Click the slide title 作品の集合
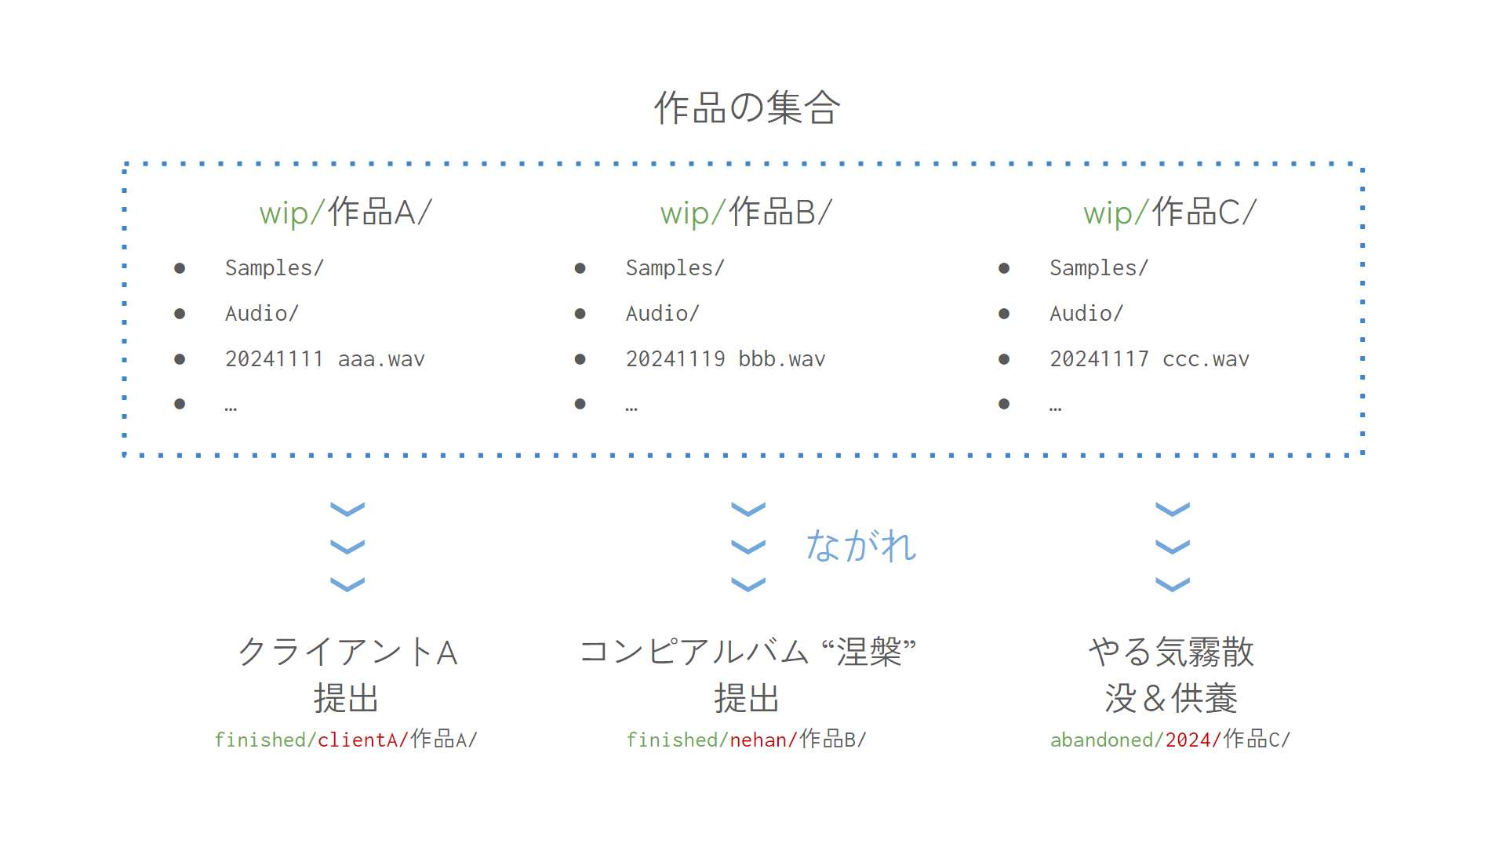[x=747, y=107]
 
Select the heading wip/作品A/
[x=345, y=213]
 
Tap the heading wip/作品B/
[x=746, y=213]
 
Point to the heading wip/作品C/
[x=1170, y=213]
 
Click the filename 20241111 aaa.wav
[x=325, y=359]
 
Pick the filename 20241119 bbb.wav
[x=726, y=359]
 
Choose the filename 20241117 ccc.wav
[x=1149, y=359]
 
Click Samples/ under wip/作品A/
[x=274, y=268]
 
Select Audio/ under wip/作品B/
[x=662, y=314]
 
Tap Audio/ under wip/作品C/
[x=1086, y=314]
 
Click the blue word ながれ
[x=860, y=546]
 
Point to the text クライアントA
[x=347, y=652]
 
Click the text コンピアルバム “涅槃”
[x=747, y=652]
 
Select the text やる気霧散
[x=1171, y=652]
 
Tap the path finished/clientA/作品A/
[x=346, y=740]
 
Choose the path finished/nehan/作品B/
[x=746, y=740]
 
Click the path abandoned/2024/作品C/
[x=1170, y=740]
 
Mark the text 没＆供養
[x=1171, y=698]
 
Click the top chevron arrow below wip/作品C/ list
[x=1173, y=510]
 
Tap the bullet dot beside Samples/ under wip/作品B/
[x=580, y=268]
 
